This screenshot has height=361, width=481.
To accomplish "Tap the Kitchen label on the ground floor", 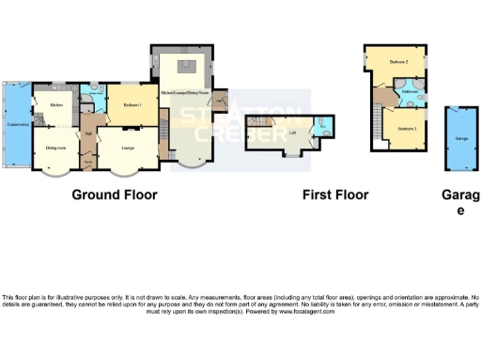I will [x=55, y=105].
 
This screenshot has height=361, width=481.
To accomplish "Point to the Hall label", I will [x=87, y=133].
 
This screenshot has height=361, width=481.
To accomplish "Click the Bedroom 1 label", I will [x=131, y=104].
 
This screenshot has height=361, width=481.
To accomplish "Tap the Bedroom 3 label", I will [x=406, y=127].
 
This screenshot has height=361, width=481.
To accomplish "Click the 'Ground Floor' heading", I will [x=115, y=196].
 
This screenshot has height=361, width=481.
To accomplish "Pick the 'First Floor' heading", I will [x=334, y=196].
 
